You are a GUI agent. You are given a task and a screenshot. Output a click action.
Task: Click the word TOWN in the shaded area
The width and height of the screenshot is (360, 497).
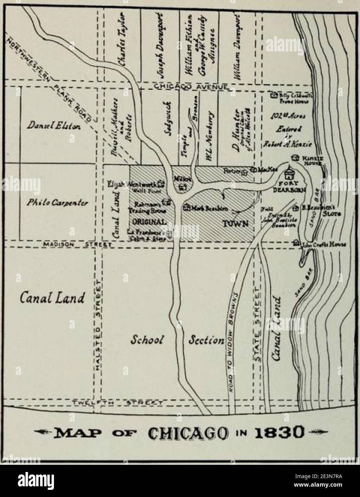(x=235, y=224)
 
